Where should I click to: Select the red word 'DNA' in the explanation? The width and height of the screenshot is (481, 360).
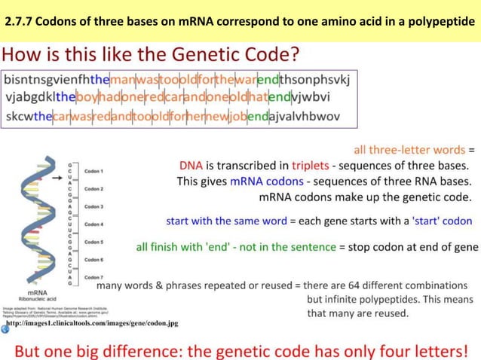(191, 166)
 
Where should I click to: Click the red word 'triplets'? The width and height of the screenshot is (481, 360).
(310, 166)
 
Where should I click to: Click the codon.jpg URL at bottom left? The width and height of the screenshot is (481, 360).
(92, 323)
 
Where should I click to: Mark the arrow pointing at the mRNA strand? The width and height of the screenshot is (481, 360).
(58, 179)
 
